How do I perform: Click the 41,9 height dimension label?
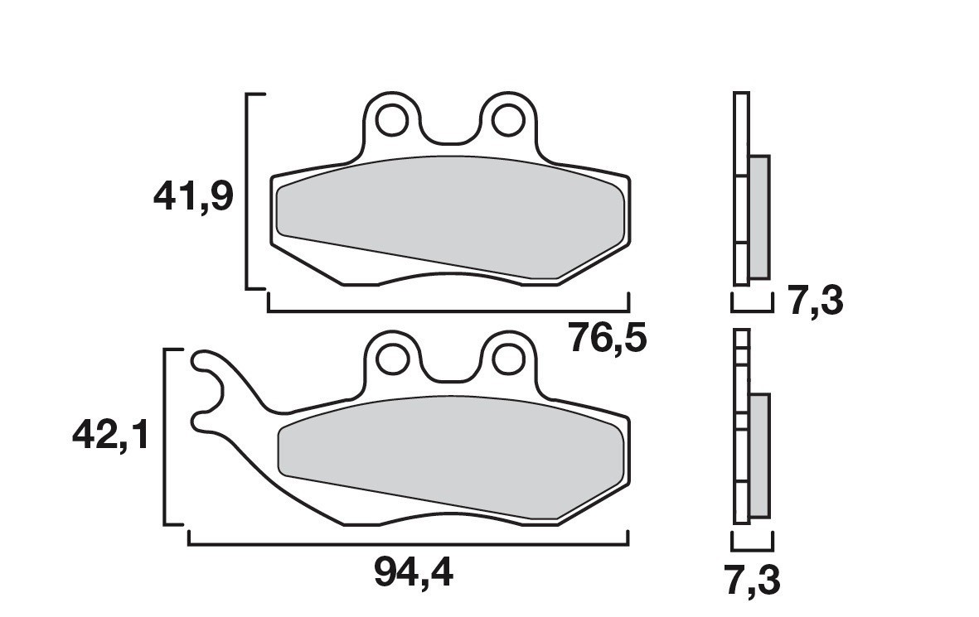[x=193, y=197]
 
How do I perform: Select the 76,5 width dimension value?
[x=607, y=338]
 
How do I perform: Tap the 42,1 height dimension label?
[x=111, y=434]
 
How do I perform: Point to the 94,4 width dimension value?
[x=414, y=572]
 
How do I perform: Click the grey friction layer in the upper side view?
[x=758, y=217]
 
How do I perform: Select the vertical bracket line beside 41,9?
[x=248, y=191]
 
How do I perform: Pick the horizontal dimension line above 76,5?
[x=448, y=311]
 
